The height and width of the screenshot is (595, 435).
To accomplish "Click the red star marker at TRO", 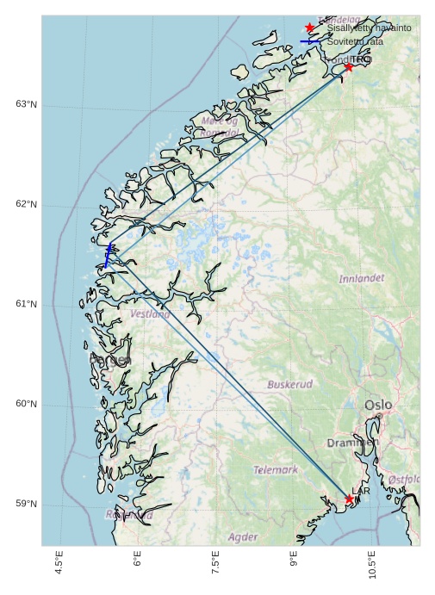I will (349, 66).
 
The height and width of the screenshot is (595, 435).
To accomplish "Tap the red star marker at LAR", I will (350, 499).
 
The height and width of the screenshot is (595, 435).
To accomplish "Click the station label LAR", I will (361, 491).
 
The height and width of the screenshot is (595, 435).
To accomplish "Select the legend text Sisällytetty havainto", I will (369, 28).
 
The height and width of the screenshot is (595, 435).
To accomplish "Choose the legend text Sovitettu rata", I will (355, 41).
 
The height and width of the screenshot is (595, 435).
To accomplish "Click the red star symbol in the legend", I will (310, 28).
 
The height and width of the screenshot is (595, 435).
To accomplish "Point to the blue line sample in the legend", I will (310, 41).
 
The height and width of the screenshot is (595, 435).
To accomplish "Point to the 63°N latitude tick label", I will (27, 104).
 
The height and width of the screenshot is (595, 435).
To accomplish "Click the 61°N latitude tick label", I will (27, 304).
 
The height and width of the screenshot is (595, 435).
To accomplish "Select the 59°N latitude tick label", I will (27, 504).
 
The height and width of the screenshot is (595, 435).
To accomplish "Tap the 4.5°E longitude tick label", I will (59, 564).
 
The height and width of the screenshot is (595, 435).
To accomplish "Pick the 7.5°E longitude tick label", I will (215, 564).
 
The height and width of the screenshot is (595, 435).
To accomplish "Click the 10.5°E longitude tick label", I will (372, 564).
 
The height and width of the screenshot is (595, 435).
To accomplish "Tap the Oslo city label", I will (378, 405).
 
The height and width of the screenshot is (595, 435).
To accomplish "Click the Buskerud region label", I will (289, 384).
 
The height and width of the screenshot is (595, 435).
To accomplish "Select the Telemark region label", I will (276, 470).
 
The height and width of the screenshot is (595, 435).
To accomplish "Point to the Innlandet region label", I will (361, 279).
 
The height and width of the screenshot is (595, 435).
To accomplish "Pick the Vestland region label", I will (150, 314).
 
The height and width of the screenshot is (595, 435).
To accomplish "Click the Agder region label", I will (243, 537).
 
